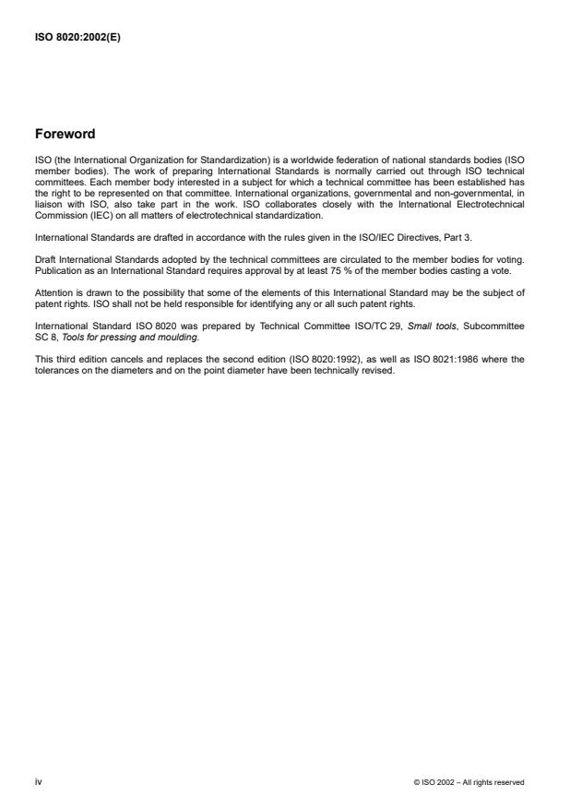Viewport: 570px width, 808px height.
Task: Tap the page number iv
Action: (x=38, y=781)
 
